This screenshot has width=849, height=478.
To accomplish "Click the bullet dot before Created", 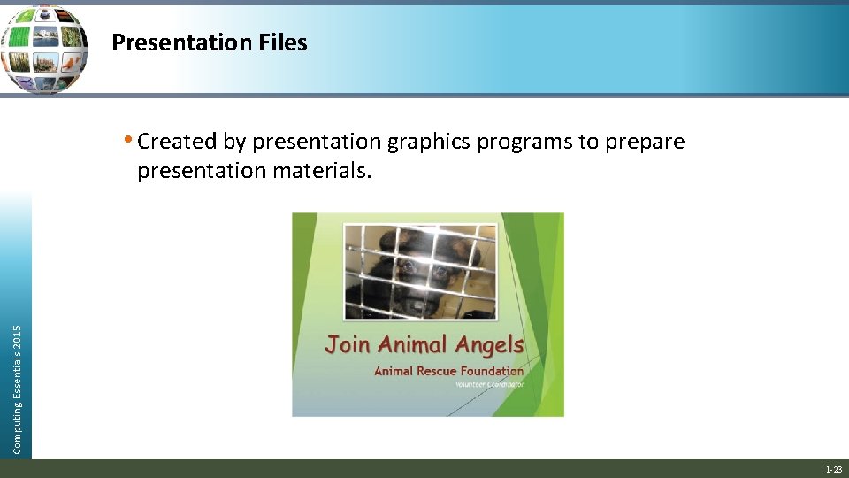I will tap(129, 140).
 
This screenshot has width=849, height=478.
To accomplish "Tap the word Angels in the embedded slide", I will tap(491, 344).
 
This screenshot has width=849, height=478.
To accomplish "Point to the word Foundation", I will tap(493, 371).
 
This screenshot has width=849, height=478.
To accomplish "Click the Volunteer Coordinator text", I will tap(489, 384).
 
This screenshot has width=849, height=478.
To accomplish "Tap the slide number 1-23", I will tap(833, 469).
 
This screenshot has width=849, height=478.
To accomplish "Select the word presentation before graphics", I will tap(317, 142).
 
